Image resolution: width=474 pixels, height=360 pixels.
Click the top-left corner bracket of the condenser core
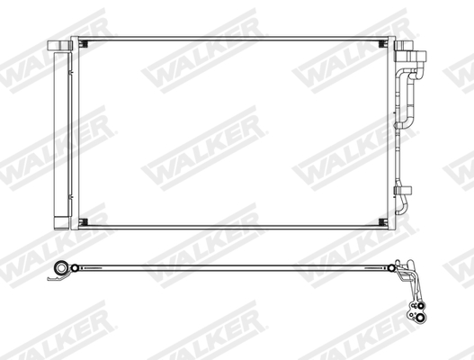tap(83, 43)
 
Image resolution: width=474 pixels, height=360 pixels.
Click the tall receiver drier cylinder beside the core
tap(60, 135)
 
